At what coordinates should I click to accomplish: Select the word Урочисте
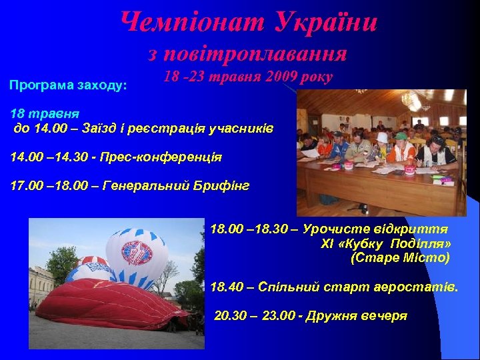tap(332, 229)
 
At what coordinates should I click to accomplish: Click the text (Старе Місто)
tap(400, 257)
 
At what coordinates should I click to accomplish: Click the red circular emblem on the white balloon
tap(137, 253)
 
